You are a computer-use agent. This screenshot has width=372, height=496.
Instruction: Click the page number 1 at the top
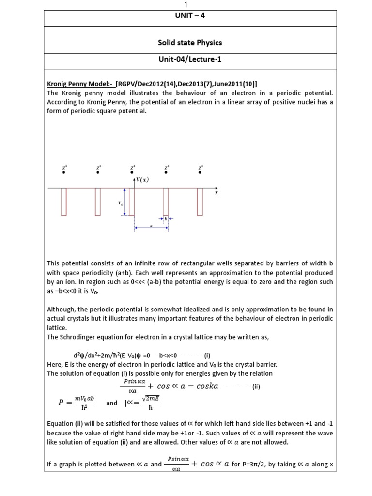pyautogui.click(x=186, y=4)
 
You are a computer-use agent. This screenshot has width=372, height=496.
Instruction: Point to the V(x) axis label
pyautogui.click(x=141, y=179)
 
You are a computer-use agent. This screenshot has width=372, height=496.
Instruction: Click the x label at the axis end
pyautogui.click(x=217, y=192)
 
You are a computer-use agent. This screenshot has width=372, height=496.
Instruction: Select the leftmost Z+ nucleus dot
pyautogui.click(x=64, y=172)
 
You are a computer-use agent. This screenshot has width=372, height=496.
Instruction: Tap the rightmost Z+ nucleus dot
pyautogui.click(x=200, y=172)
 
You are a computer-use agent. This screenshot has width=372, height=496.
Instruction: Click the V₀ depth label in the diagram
pyautogui.click(x=121, y=203)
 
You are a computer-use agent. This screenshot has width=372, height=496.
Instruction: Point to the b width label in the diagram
pyautogui.click(x=166, y=218)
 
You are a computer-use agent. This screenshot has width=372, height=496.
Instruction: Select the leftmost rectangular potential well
pyautogui.click(x=64, y=201)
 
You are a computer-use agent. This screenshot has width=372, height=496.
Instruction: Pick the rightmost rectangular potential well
pyautogui.click(x=200, y=201)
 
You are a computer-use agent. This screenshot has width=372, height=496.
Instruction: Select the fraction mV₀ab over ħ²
pyautogui.click(x=83, y=403)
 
